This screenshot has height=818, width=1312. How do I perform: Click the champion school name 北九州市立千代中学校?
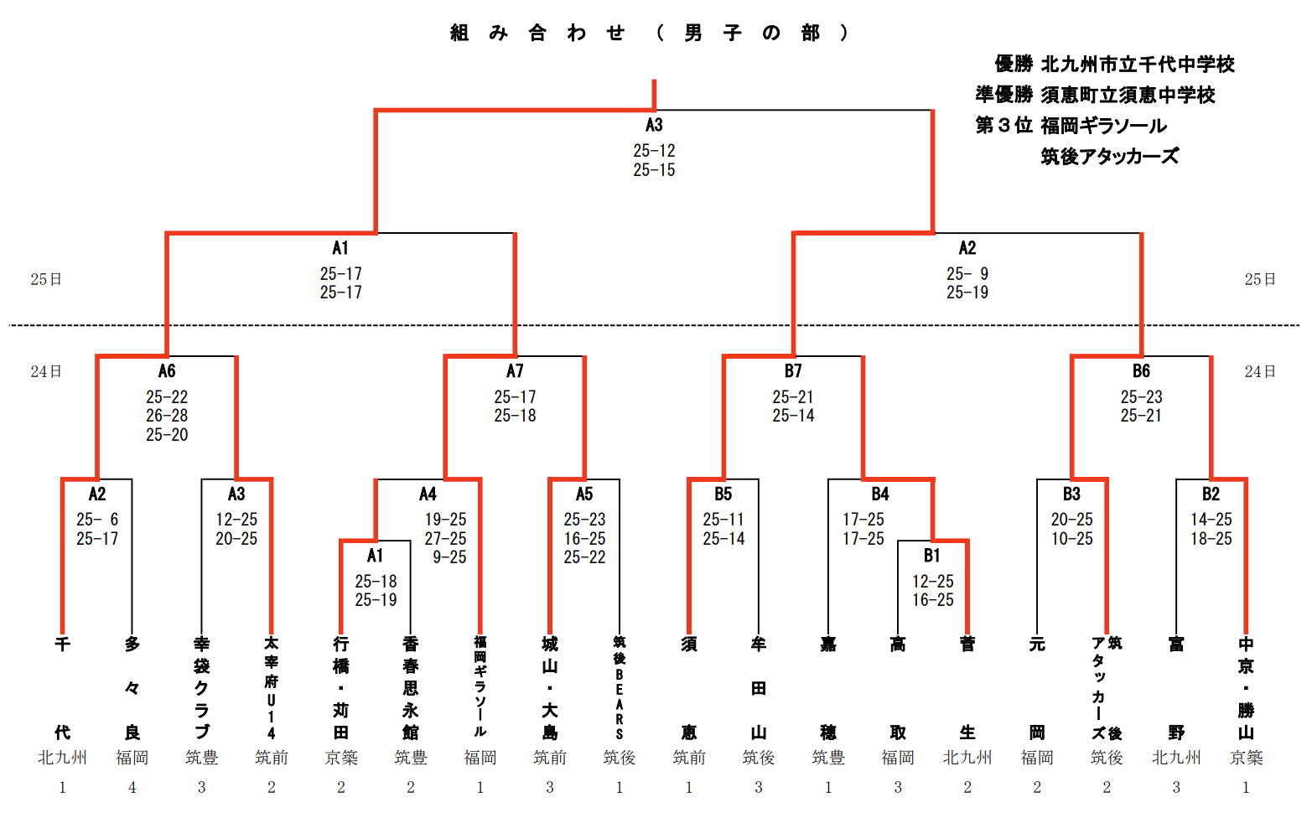pos(1138,65)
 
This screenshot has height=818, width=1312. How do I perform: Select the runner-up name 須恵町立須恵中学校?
pos(1128,96)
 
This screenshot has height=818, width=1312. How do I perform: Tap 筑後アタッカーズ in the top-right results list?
pos(1109,157)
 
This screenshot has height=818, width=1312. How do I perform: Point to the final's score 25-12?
pos(654,151)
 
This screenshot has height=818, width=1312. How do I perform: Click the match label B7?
pos(793,371)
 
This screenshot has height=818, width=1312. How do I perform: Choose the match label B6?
pos(1141,371)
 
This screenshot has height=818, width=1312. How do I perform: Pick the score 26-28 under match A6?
pos(167,416)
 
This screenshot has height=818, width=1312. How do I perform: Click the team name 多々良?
pos(132,688)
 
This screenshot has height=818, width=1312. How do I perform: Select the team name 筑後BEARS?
pos(620,688)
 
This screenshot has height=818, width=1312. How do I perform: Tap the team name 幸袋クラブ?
pos(201,688)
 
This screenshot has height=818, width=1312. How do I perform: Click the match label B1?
pos(932,556)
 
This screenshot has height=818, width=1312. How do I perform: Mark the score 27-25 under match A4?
pos(445,539)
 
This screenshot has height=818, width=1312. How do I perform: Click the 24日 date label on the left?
pos(46,371)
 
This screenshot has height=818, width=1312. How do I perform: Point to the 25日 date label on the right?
pos(1259,279)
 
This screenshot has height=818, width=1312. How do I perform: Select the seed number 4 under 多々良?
pos(132,787)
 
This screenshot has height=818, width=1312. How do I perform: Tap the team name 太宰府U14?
pos(271,688)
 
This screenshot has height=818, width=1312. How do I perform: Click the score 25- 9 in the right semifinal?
pos(967,274)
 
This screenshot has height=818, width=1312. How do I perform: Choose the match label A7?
pos(515,371)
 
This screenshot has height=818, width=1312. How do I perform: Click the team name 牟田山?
pos(759,688)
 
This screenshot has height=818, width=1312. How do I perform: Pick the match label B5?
pos(723,494)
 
